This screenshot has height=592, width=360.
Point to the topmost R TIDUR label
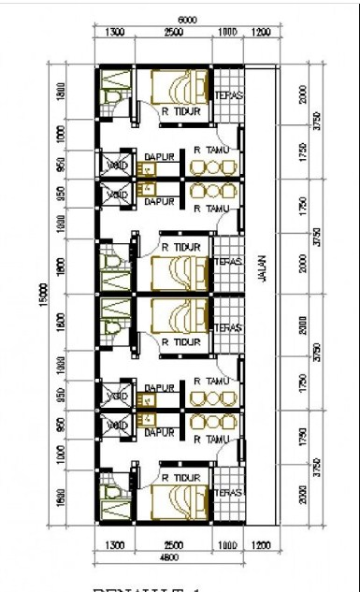pos(179,111)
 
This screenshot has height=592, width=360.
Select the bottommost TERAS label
pos(229,492)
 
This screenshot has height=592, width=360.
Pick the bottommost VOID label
pos(118,426)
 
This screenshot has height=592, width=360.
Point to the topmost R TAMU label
pos(210,148)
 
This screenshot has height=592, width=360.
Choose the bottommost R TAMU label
pos(210,439)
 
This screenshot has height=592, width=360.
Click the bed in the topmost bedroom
pos(176,88)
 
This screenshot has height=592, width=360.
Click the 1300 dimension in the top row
pos(115,34)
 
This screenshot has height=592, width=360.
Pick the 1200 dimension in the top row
pos(261,34)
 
